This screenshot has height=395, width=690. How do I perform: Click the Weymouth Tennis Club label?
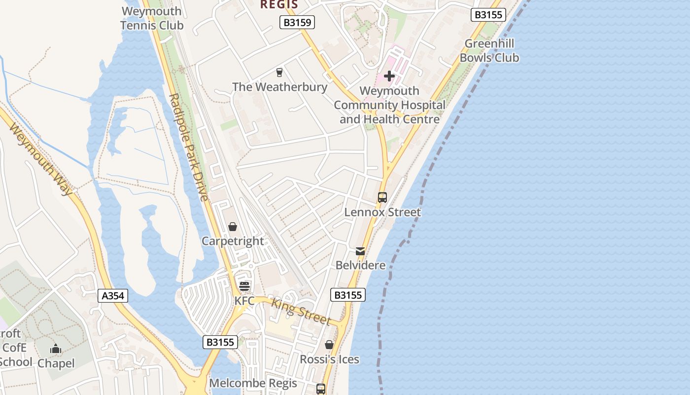pyautogui.click(x=152, y=18)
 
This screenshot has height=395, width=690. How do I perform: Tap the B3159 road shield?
pyautogui.click(x=297, y=22)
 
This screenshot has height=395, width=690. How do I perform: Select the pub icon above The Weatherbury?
pyautogui.click(x=279, y=73)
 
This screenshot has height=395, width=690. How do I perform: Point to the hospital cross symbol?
pyautogui.click(x=389, y=76)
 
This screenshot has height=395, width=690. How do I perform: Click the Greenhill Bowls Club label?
pyautogui.click(x=489, y=51)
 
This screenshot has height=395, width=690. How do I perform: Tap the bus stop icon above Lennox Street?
pyautogui.click(x=382, y=197)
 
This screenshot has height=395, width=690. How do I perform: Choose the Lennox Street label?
pyautogui.click(x=382, y=212)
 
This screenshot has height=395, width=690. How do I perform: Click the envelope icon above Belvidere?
pyautogui.click(x=360, y=251)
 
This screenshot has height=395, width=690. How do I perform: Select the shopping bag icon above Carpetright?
pyautogui.click(x=232, y=227)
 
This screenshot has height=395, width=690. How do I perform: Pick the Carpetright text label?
pyautogui.click(x=233, y=241)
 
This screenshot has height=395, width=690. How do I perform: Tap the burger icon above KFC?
pyautogui.click(x=244, y=286)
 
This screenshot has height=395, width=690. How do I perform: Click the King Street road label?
pyautogui.click(x=301, y=312)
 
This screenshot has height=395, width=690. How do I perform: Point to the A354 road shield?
pyautogui.click(x=113, y=296)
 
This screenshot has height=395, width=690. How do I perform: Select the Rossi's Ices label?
pyautogui.click(x=329, y=359)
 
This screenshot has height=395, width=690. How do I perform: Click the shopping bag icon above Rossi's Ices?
pyautogui.click(x=329, y=345)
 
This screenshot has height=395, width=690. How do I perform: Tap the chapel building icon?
pyautogui.click(x=56, y=349)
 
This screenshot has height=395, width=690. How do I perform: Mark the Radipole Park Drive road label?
pyautogui.click(x=189, y=147)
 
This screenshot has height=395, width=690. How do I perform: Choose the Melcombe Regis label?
pyautogui.click(x=253, y=383)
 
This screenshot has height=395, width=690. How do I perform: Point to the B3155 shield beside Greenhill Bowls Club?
pyautogui.click(x=488, y=15)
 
